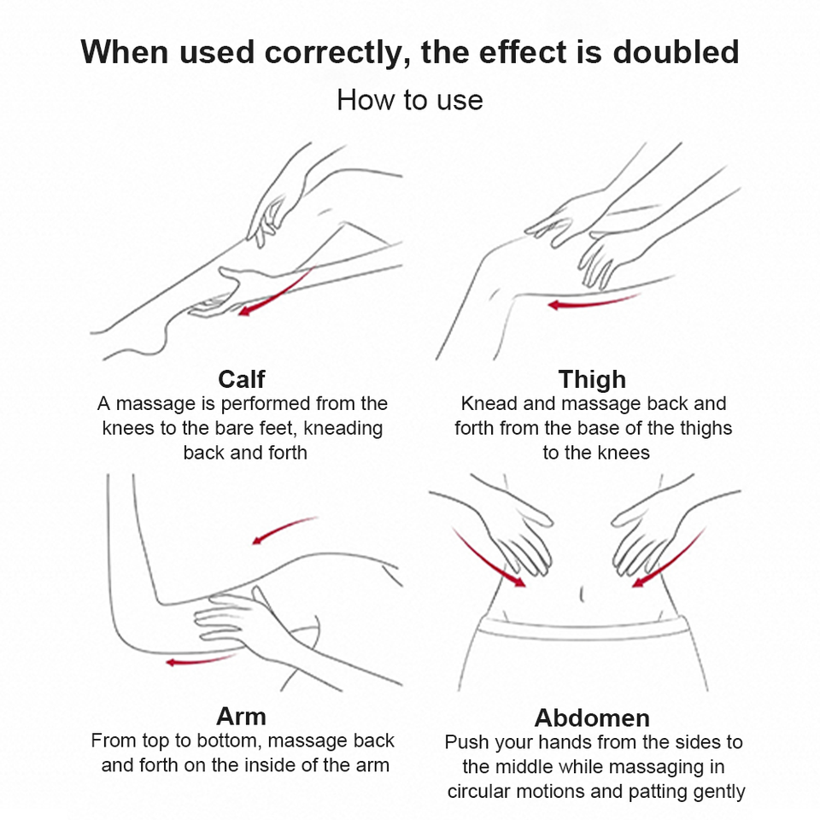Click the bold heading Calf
(x=241, y=379)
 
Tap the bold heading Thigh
(x=592, y=379)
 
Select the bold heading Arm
(x=241, y=717)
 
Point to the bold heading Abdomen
(x=592, y=718)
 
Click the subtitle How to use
(x=409, y=100)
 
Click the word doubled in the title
(x=676, y=52)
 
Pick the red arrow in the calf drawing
(x=273, y=294)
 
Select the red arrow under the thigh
(x=594, y=302)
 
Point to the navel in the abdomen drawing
(x=582, y=594)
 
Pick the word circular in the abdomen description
(x=479, y=791)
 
